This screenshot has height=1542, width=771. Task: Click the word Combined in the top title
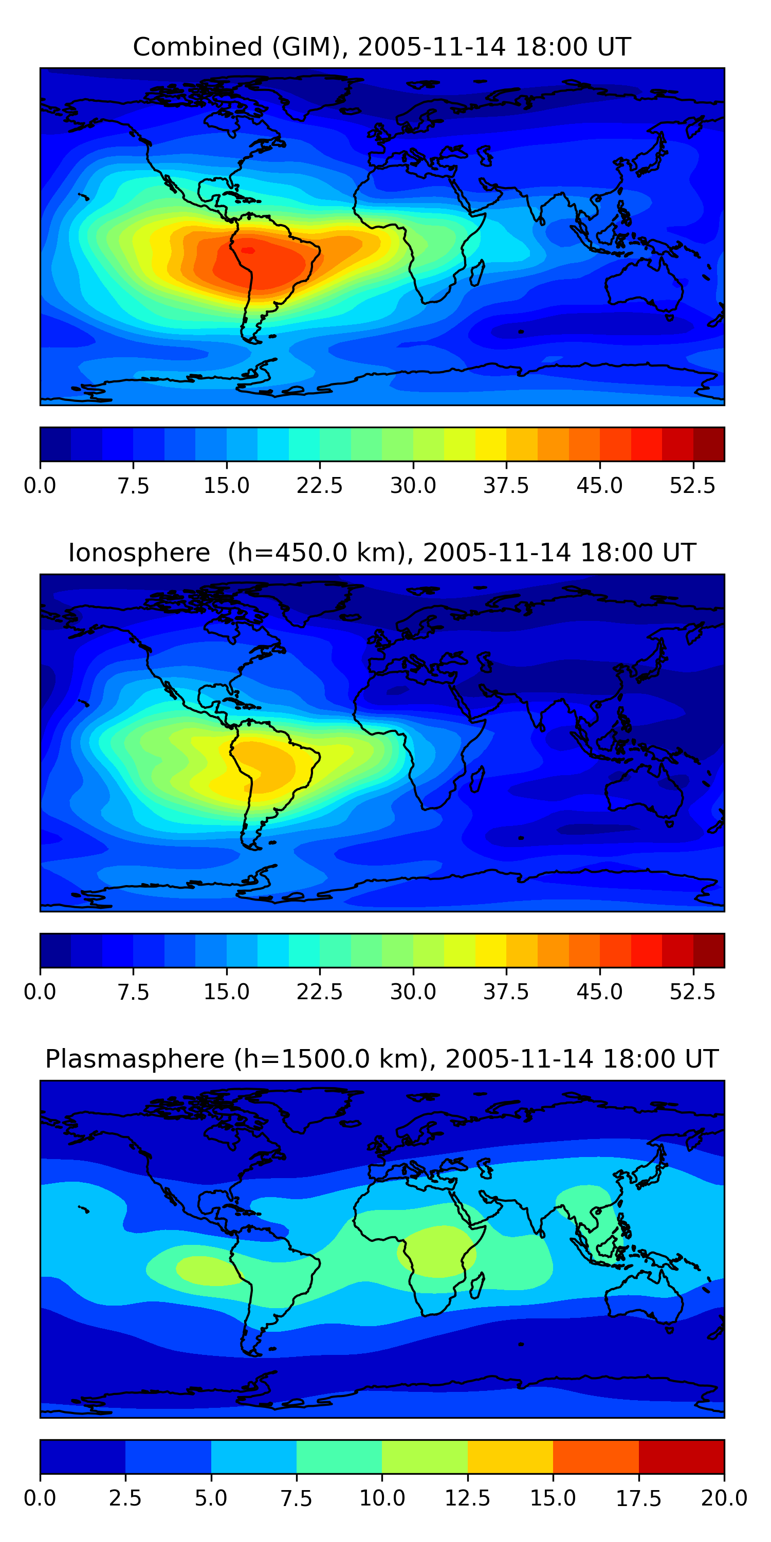[197, 47]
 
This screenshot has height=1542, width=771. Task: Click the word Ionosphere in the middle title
[139, 553]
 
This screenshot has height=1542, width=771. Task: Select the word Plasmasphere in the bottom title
[135, 1059]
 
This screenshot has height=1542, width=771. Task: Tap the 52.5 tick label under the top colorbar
[692, 485]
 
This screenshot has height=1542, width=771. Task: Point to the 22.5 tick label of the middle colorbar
[320, 992]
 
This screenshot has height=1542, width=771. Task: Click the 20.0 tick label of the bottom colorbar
[724, 1498]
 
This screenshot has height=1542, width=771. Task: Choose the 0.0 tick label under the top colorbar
[40, 485]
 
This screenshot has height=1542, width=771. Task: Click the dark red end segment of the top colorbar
[709, 444]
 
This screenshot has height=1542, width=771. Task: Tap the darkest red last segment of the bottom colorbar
[681, 1456]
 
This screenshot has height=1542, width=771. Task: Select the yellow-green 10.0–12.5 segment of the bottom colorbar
[425, 1456]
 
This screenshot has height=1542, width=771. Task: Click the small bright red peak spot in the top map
[248, 250]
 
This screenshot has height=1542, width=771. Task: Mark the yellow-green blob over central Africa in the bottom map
[437, 1251]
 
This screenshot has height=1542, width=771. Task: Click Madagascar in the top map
[477, 273]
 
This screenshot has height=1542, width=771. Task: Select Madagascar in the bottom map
[477, 1286]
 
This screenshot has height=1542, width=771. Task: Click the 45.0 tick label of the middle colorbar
[599, 992]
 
